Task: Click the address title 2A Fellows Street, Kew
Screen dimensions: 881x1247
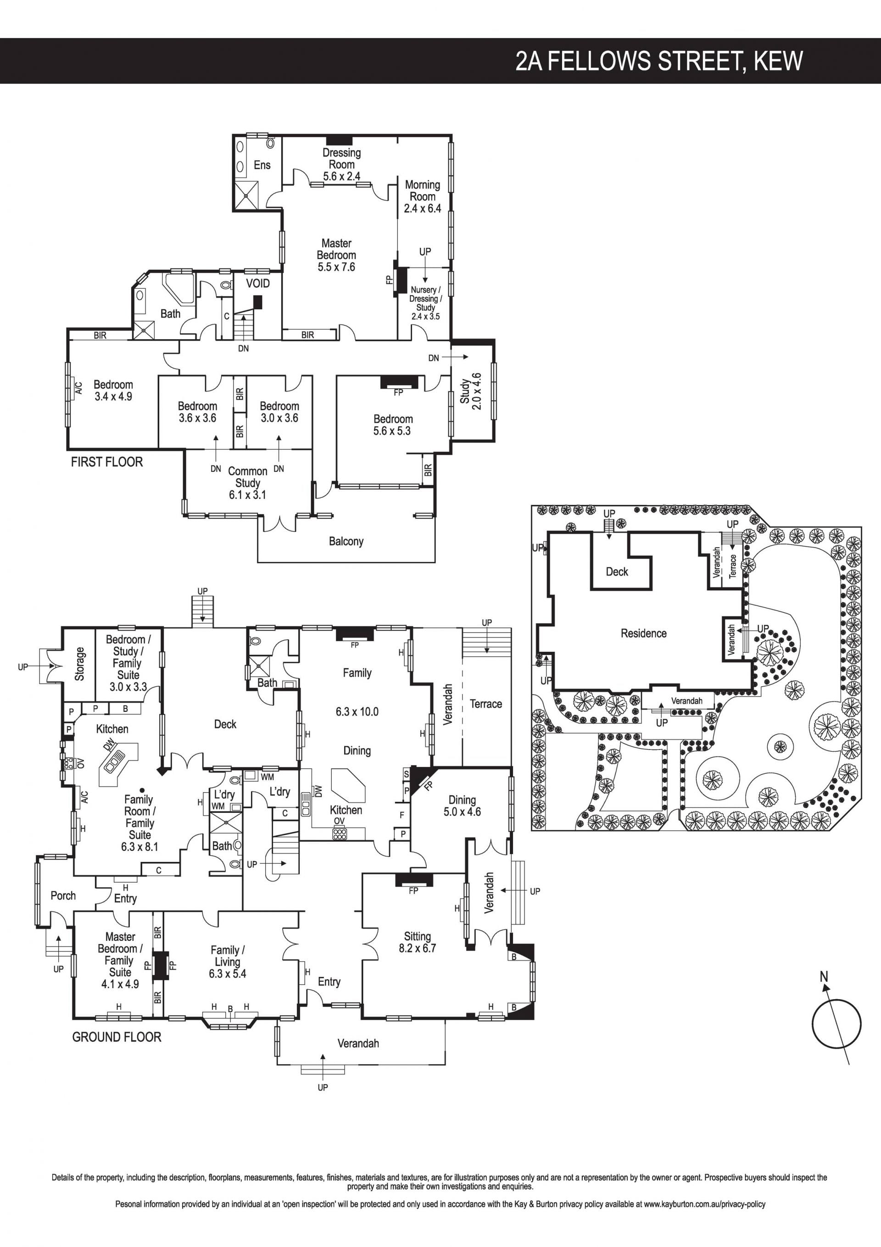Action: [x=659, y=61]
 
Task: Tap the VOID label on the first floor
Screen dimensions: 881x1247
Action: [x=258, y=284]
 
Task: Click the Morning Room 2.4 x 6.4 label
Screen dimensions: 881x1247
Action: [x=423, y=196]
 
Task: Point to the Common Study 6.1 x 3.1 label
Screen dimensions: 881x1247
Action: [x=248, y=483]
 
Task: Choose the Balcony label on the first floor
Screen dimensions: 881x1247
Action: [x=346, y=542]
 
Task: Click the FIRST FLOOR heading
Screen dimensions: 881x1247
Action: [x=107, y=462]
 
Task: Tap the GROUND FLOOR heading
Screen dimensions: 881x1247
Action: [x=117, y=1037]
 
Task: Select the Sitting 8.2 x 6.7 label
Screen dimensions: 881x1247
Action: [x=417, y=942]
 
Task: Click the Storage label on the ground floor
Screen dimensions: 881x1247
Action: [x=80, y=664]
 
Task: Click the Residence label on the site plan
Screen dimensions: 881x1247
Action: [x=644, y=633]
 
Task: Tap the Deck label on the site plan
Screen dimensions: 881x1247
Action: [x=617, y=572]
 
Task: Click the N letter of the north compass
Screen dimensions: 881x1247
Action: [x=824, y=977]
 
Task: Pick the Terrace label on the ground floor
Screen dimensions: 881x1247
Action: [x=486, y=704]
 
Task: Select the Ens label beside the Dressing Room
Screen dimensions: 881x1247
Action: [x=262, y=165]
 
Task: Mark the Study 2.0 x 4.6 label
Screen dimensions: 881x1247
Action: [x=470, y=391]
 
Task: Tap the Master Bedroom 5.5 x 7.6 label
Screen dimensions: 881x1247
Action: [x=337, y=255]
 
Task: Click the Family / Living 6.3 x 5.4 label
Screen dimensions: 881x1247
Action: [x=228, y=962]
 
